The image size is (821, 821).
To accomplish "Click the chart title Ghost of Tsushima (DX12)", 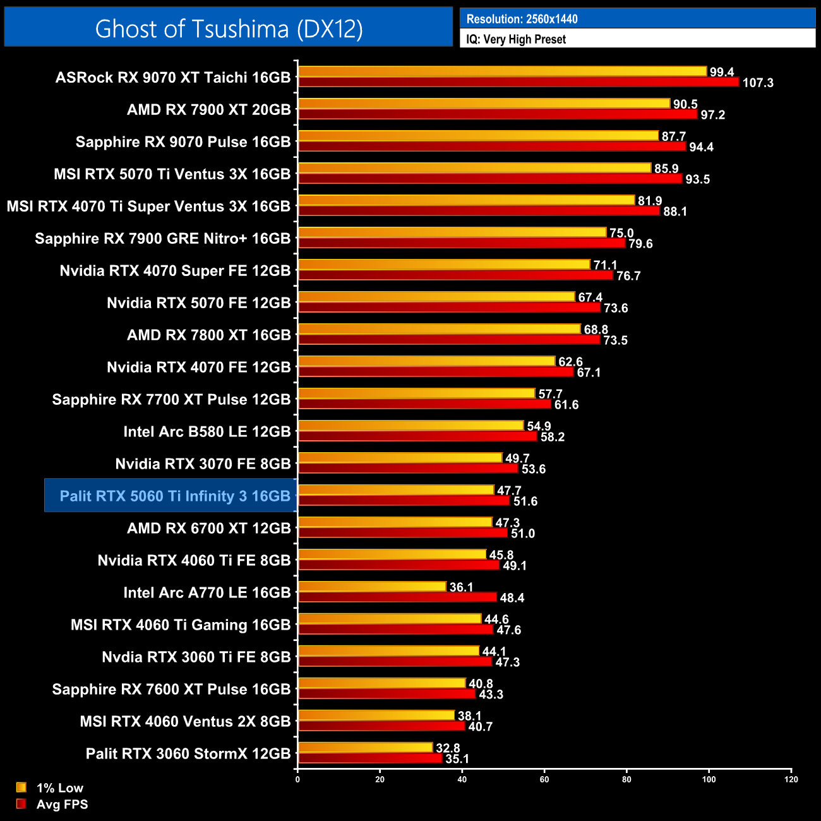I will tap(229, 28).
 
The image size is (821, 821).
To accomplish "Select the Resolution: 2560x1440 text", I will tap(522, 19).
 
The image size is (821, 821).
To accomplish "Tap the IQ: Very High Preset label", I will tap(516, 39).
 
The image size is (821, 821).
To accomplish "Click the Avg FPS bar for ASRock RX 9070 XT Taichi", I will tap(518, 82).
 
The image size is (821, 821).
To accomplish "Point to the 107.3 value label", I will tap(758, 83).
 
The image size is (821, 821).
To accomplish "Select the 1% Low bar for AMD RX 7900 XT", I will tap(484, 104).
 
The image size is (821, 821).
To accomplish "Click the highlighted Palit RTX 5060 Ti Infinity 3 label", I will tap(175, 496).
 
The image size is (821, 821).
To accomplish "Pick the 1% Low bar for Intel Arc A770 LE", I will tap(372, 587).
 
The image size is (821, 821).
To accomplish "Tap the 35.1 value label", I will tap(457, 758).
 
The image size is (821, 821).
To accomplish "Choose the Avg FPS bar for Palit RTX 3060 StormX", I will tap(370, 758).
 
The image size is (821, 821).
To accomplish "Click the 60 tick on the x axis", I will tap(544, 779).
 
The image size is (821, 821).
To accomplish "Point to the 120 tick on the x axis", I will tap(791, 779).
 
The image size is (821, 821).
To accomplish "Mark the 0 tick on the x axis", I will tap(297, 779).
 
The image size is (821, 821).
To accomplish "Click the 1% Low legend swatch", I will tap(21, 788).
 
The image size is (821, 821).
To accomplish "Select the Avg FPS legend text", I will tap(62, 804).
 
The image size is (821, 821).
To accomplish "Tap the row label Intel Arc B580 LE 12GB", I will tap(207, 431).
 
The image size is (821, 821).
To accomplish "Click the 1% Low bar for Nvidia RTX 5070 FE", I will tap(436, 297).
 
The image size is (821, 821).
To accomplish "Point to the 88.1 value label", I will tap(675, 212).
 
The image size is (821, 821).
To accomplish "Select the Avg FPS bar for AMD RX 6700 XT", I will tap(403, 533).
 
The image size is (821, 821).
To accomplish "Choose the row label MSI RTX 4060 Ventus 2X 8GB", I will tap(185, 721).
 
